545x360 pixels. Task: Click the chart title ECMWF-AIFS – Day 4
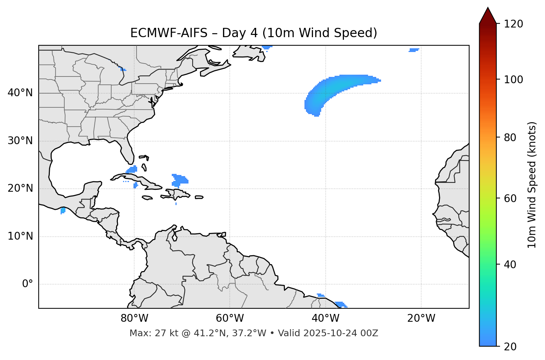click(x=254, y=33)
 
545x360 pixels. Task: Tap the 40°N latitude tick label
click(x=20, y=93)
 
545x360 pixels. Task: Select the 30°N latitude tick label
click(x=20, y=141)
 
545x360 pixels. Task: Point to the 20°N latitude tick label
click(x=20, y=188)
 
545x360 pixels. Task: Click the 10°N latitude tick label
click(x=20, y=236)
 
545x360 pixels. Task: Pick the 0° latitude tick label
click(x=28, y=284)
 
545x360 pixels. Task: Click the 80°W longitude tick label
click(x=134, y=318)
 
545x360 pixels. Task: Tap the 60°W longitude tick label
click(x=230, y=318)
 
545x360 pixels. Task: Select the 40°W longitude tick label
click(x=326, y=318)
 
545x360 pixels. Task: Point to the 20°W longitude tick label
click(x=421, y=318)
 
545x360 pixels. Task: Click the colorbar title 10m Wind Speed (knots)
click(x=532, y=185)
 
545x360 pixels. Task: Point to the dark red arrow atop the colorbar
click(x=488, y=16)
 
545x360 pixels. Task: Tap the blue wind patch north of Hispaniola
click(x=180, y=180)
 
